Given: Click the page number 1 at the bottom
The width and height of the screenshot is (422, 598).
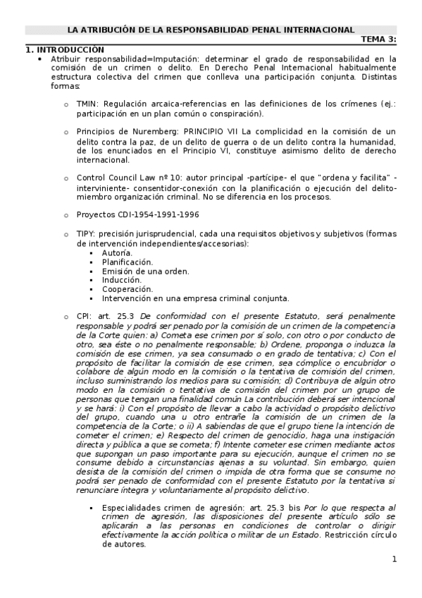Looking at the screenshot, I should pyautogui.click(x=395, y=559).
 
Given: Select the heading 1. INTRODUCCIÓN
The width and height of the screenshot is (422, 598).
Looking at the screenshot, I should pyautogui.click(x=65, y=49).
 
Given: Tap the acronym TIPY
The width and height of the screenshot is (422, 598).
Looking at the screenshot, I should pyautogui.click(x=86, y=233).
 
